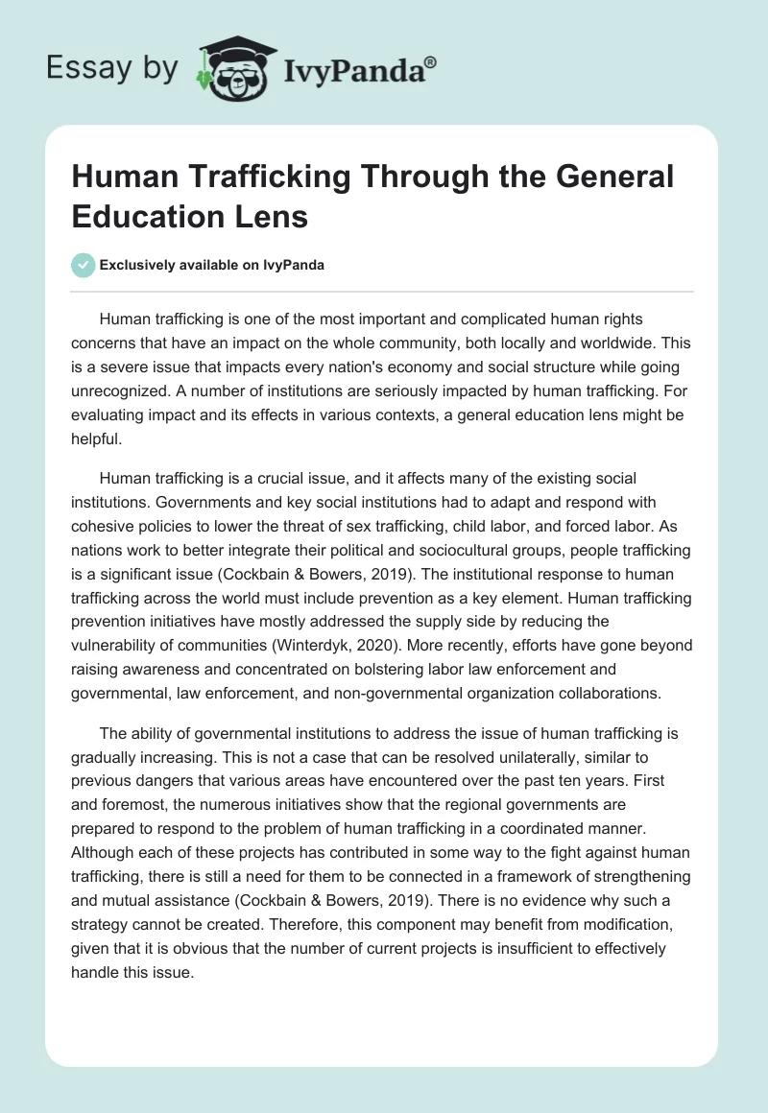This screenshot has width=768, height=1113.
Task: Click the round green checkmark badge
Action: pos(84,265)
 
